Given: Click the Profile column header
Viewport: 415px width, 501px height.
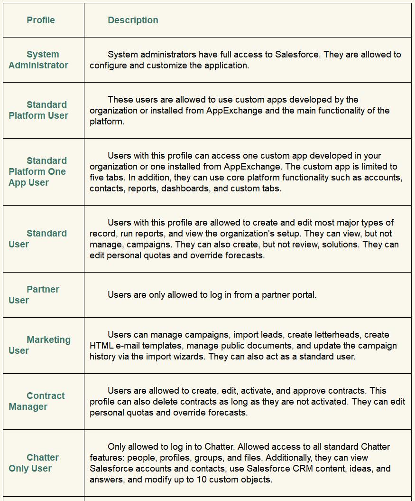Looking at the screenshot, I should (x=41, y=20).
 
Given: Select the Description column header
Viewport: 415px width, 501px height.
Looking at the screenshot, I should (x=133, y=20).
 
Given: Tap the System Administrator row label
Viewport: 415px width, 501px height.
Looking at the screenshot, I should (x=38, y=60).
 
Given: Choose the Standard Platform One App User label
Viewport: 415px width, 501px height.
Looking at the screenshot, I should (x=37, y=171).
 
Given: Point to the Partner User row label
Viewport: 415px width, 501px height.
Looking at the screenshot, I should (x=34, y=294).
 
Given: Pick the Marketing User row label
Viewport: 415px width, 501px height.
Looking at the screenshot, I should (x=39, y=345).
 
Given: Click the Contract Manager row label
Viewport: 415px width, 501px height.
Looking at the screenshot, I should (x=37, y=401).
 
